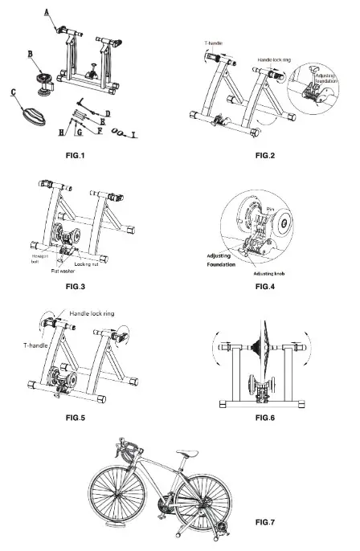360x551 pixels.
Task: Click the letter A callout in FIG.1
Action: [47, 11]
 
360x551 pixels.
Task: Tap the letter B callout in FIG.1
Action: [30, 55]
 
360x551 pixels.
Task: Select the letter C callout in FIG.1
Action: [14, 92]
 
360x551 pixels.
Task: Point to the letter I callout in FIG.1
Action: [133, 135]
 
